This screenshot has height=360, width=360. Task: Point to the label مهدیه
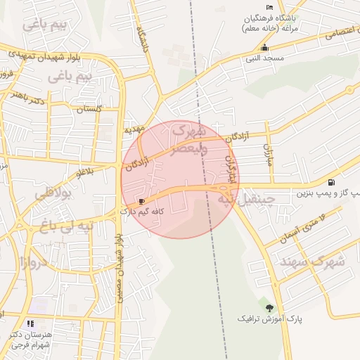[134, 129]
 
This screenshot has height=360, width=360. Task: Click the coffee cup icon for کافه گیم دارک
[142, 201]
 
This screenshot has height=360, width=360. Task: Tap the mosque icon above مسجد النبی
[264, 48]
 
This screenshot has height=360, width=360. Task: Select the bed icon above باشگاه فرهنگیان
[269, 6]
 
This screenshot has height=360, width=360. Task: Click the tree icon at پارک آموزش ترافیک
[269, 307]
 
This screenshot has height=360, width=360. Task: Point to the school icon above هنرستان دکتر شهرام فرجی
[30, 323]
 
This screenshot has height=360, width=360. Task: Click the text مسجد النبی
[263, 58]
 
